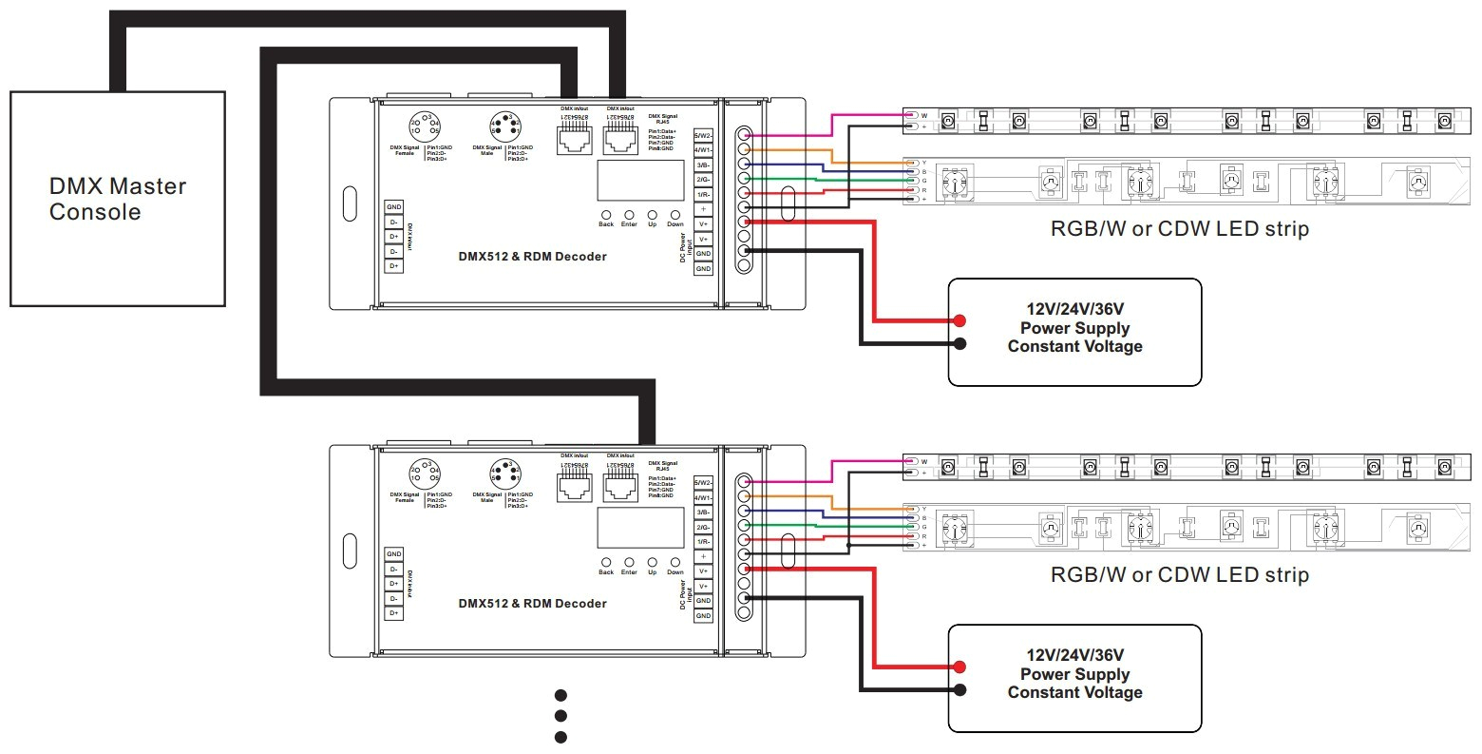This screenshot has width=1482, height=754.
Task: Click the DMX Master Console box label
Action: point(117,199)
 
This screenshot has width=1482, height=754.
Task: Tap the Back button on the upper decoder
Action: point(606,214)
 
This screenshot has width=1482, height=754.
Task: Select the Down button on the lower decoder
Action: point(674,561)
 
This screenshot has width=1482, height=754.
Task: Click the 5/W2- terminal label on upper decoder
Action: point(703,135)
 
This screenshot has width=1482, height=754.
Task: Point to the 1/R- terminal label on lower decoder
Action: point(703,541)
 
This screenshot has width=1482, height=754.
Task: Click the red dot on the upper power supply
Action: point(960,320)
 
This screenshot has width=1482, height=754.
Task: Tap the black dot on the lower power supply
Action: point(960,690)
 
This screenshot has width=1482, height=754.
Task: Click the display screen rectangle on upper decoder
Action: point(640,180)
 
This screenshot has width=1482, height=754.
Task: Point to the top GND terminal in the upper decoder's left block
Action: point(393,206)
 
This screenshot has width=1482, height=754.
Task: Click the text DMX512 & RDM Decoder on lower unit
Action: point(532,603)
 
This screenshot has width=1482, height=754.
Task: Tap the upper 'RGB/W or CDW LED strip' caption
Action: point(1179,229)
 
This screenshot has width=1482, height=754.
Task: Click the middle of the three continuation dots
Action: point(560,716)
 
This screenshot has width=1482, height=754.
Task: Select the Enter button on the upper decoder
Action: point(629,214)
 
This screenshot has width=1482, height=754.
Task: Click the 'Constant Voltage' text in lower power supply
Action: point(1074,692)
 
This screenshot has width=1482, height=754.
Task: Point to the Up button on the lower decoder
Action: point(652,561)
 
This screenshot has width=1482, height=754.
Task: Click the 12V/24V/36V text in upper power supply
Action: point(1074,310)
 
